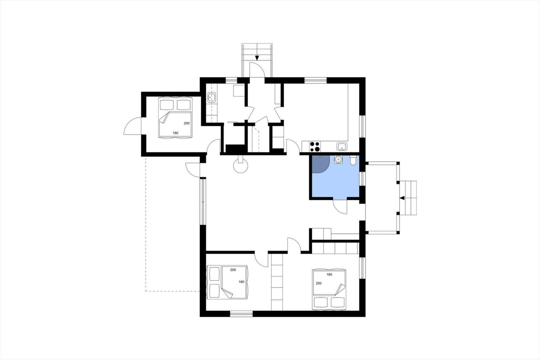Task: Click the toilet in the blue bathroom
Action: tap(353, 160)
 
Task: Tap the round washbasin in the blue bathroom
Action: tap(338, 159)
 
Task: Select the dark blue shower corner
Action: tap(320, 164)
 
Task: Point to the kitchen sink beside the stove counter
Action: tap(342, 146)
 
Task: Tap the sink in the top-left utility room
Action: tap(212, 98)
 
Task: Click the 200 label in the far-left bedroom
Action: tap(187, 123)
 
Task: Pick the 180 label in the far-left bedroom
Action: tap(175, 133)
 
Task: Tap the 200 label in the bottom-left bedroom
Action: tap(233, 270)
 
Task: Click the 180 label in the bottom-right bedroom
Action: tap(329, 274)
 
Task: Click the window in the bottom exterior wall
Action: tap(241, 314)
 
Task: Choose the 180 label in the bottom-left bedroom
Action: tap(241, 282)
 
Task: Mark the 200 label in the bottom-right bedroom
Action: tap(319, 283)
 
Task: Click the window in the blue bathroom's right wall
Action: tap(362, 179)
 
